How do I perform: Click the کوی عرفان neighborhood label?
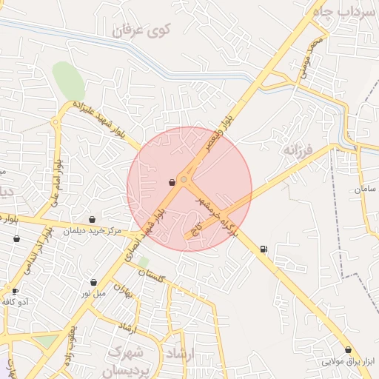(x=141, y=30)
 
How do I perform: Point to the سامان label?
(x=366, y=189)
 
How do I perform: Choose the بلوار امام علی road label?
(x=56, y=182)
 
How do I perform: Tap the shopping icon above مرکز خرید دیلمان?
(x=92, y=219)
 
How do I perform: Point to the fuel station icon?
(x=264, y=249)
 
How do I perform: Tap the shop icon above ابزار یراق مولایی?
(x=348, y=349)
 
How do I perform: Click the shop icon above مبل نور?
(x=93, y=282)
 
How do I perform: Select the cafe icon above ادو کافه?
(x=15, y=291)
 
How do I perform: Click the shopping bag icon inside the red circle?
(x=172, y=181)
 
